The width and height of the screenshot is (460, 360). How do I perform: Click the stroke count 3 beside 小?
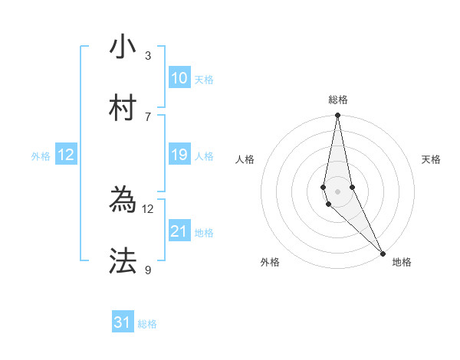pos(148,56)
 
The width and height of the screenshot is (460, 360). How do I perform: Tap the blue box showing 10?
pos(179,78)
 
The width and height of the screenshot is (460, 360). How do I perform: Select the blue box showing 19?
pos(179,155)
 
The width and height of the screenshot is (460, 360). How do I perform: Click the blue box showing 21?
pos(179,231)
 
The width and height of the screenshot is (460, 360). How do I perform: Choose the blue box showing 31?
pos(123,322)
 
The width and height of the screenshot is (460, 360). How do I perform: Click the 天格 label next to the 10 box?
pos(204,80)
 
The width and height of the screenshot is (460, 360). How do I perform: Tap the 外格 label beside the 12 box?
pos(41,156)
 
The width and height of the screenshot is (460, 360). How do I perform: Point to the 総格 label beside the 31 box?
pos(147,324)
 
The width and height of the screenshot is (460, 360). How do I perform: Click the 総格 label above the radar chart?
pos(338,100)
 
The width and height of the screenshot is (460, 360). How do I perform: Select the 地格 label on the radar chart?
pos(402,262)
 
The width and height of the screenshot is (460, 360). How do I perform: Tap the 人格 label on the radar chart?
pos(245,159)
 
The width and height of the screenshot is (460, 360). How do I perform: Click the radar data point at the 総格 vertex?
pos(338,116)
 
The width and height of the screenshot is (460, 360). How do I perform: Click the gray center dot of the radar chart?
pos(338,191)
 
